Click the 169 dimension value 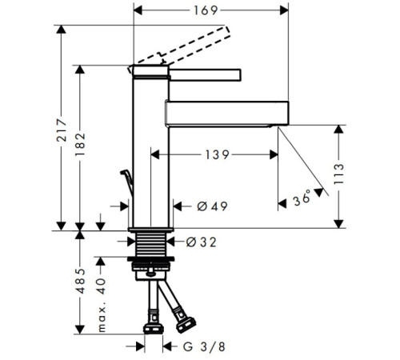pyautogui.click(x=206, y=10)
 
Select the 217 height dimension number pyautogui.click(x=62, y=130)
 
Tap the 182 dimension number pyautogui.click(x=80, y=144)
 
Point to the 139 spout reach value pyautogui.click(x=217, y=155)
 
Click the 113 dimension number pyautogui.click(x=339, y=174)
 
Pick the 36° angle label pyautogui.click(x=302, y=198)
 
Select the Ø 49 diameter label pyautogui.click(x=212, y=206)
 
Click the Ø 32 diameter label pyautogui.click(x=201, y=242)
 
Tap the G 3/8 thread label pyautogui.click(x=204, y=347)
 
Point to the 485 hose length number pyautogui.click(x=80, y=281)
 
